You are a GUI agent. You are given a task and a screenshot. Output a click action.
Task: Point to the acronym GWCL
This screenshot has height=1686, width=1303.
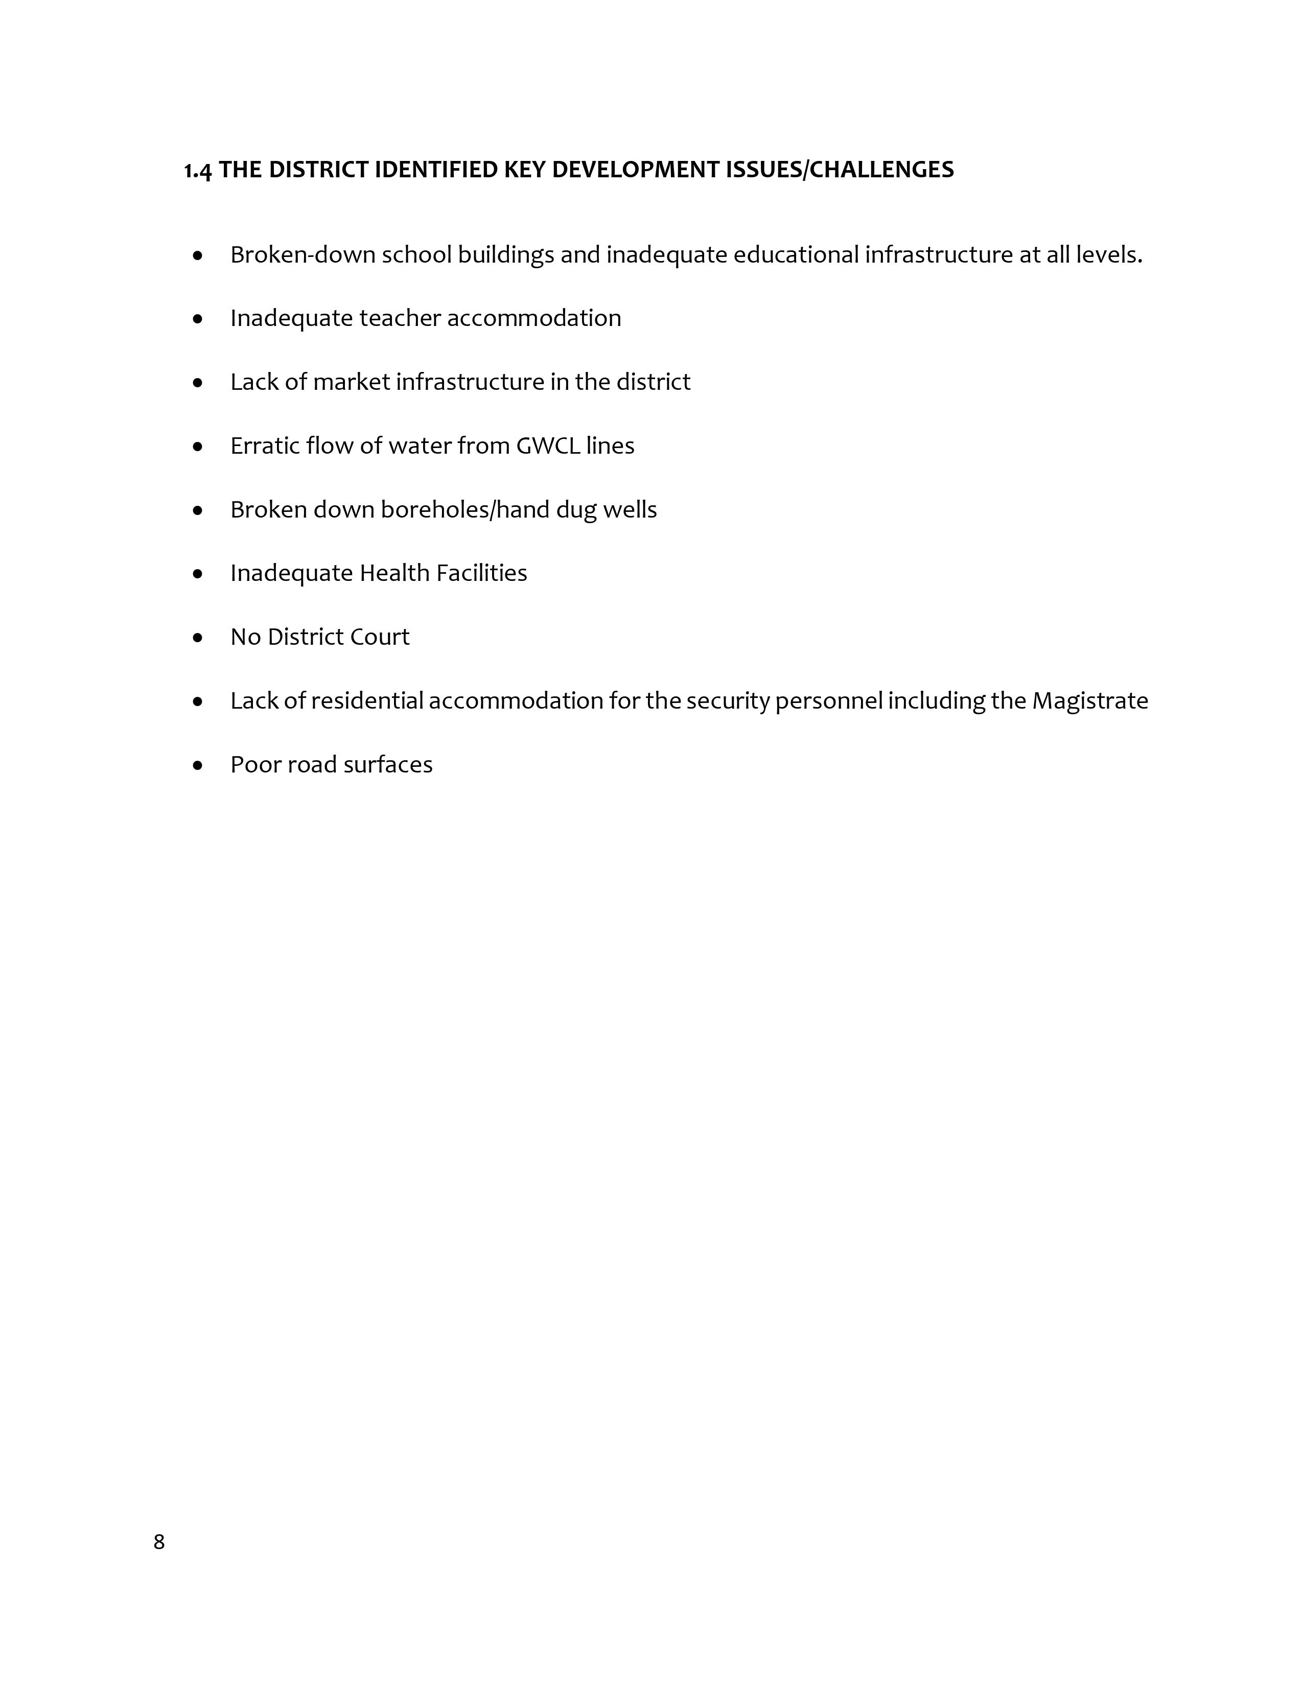pos(548,446)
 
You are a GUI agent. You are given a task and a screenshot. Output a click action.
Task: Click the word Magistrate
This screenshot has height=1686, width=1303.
pos(1090,701)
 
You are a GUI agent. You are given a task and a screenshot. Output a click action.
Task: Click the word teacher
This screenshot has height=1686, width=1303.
pos(400,319)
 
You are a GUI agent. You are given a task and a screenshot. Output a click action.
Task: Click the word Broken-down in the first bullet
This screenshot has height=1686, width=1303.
pos(303,255)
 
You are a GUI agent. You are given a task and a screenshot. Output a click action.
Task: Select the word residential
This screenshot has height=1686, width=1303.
pos(367,701)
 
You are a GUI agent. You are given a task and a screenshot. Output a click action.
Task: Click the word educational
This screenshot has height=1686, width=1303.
pos(796,255)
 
